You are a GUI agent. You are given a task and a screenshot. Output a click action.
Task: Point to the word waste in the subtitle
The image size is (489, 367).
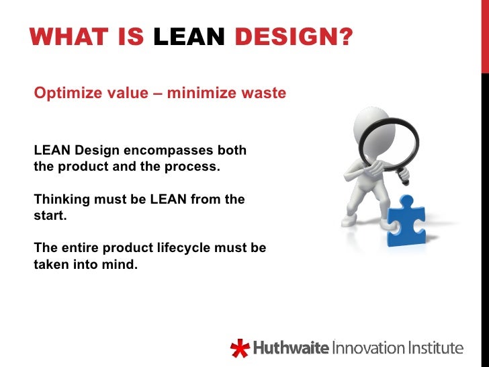[263, 93]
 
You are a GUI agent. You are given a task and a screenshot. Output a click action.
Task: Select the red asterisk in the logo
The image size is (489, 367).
[239, 349]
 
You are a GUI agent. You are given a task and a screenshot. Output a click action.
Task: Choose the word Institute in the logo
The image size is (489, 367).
[435, 348]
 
